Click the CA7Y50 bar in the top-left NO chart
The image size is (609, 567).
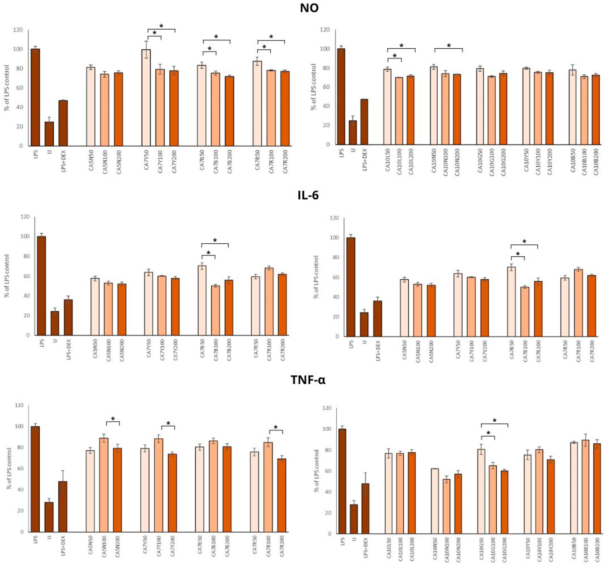146,98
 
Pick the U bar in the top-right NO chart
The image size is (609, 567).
353,133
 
